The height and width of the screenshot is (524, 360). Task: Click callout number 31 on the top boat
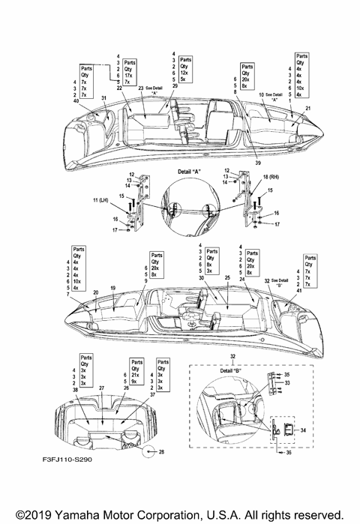coord(104,99)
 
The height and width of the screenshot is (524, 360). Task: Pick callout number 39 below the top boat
coord(258,163)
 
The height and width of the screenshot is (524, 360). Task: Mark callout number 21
coord(307,109)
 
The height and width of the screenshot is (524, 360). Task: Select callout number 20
coord(96,292)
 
